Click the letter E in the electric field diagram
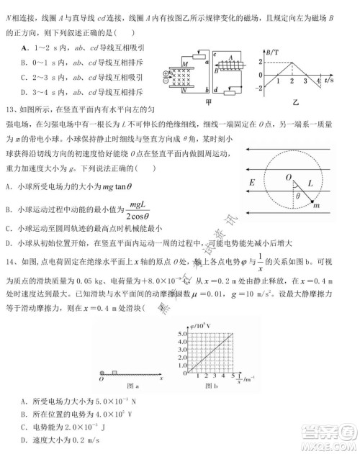click(x=252, y=183)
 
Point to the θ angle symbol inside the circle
click(x=300, y=194)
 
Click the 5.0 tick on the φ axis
click(x=180, y=334)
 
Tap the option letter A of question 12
click(x=24, y=47)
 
